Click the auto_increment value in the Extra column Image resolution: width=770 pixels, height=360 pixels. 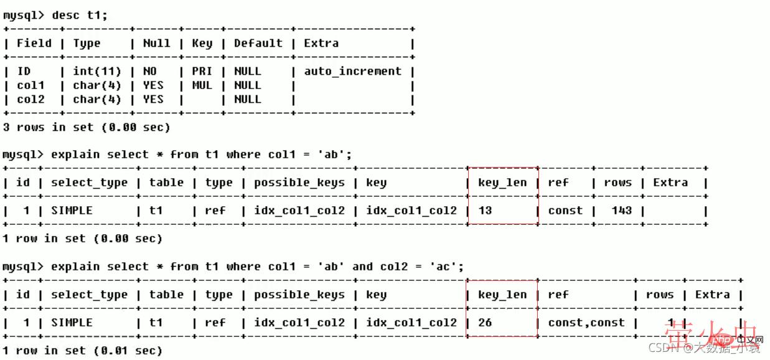(x=352, y=71)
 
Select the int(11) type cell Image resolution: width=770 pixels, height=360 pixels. (x=97, y=71)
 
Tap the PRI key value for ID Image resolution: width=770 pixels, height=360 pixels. (x=202, y=71)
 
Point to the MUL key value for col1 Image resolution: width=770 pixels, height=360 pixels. (x=202, y=85)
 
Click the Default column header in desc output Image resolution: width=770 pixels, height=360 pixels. (x=258, y=43)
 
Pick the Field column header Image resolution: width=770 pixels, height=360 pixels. (x=34, y=43)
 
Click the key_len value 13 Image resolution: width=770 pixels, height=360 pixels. (x=485, y=211)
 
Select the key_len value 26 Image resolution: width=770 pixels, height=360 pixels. (x=485, y=323)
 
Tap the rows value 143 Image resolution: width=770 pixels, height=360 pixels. (x=621, y=211)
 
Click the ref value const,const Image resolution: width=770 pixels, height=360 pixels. (x=586, y=323)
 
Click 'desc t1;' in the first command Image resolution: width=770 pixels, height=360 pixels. (x=80, y=15)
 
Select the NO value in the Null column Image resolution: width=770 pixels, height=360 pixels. (x=149, y=71)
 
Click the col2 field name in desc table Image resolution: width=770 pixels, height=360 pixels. (x=31, y=99)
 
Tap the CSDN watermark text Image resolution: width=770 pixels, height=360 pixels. (x=662, y=348)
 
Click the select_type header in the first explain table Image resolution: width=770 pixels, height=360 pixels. (x=89, y=182)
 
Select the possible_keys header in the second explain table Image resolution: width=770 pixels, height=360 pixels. (x=299, y=295)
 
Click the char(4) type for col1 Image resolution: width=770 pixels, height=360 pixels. (x=97, y=85)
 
